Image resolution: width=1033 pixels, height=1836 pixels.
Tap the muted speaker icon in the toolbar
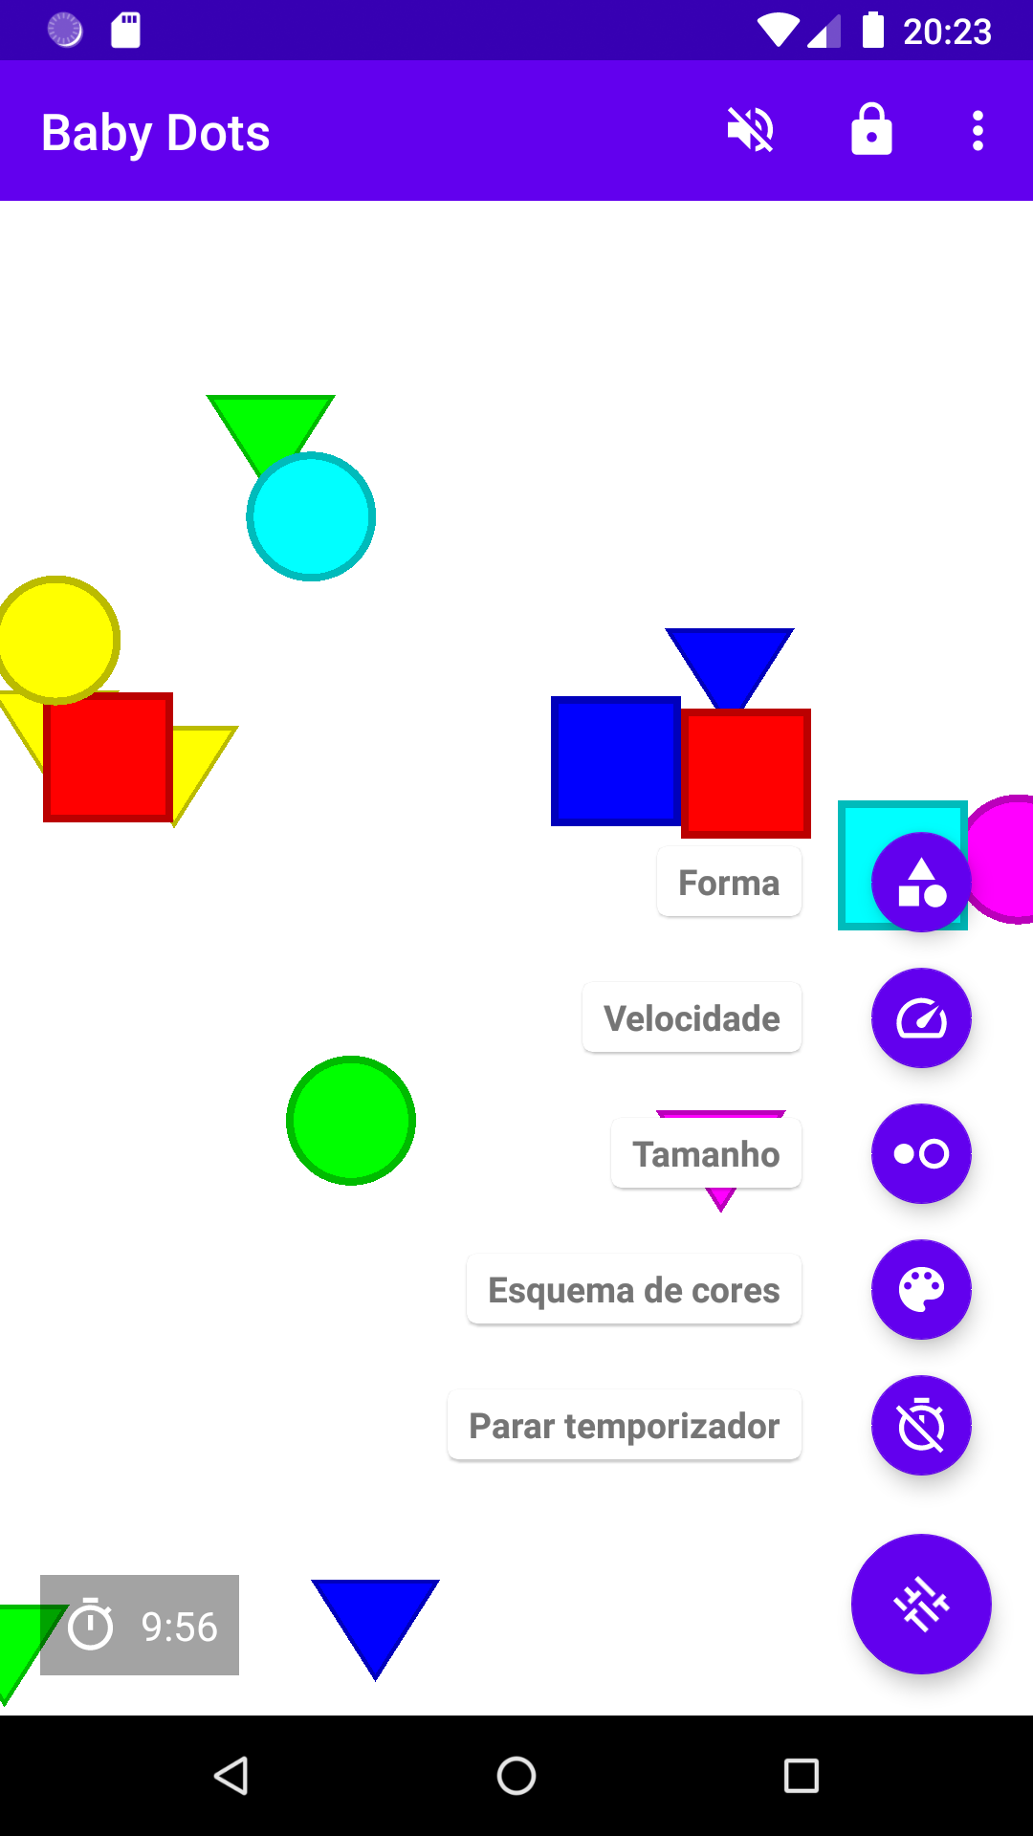click(x=751, y=130)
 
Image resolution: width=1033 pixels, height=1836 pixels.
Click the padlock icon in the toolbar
click(x=871, y=130)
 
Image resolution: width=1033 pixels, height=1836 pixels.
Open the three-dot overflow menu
click(x=978, y=131)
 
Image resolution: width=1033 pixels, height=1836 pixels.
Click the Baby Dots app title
click(x=156, y=133)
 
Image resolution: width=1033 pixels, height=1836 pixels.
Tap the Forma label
click(x=729, y=883)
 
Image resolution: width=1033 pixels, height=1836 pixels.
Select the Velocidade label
click(x=692, y=1018)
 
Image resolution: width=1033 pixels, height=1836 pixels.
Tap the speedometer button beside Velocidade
click(x=921, y=1018)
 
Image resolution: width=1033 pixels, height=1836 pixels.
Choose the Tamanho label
click(x=706, y=1154)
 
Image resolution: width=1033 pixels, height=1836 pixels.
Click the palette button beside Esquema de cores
click(x=921, y=1290)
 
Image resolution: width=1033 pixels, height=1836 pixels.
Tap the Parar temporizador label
click(x=624, y=1426)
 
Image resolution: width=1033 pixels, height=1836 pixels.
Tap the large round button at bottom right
click(x=921, y=1604)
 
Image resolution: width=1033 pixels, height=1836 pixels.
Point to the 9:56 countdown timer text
click(x=179, y=1627)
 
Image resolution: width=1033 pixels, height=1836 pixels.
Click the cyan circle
click(x=312, y=517)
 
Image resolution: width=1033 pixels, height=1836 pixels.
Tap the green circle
click(x=351, y=1121)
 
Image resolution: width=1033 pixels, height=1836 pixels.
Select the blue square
click(x=614, y=761)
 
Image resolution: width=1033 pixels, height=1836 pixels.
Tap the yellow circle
click(x=57, y=639)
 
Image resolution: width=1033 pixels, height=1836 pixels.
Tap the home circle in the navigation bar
click(x=516, y=1776)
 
